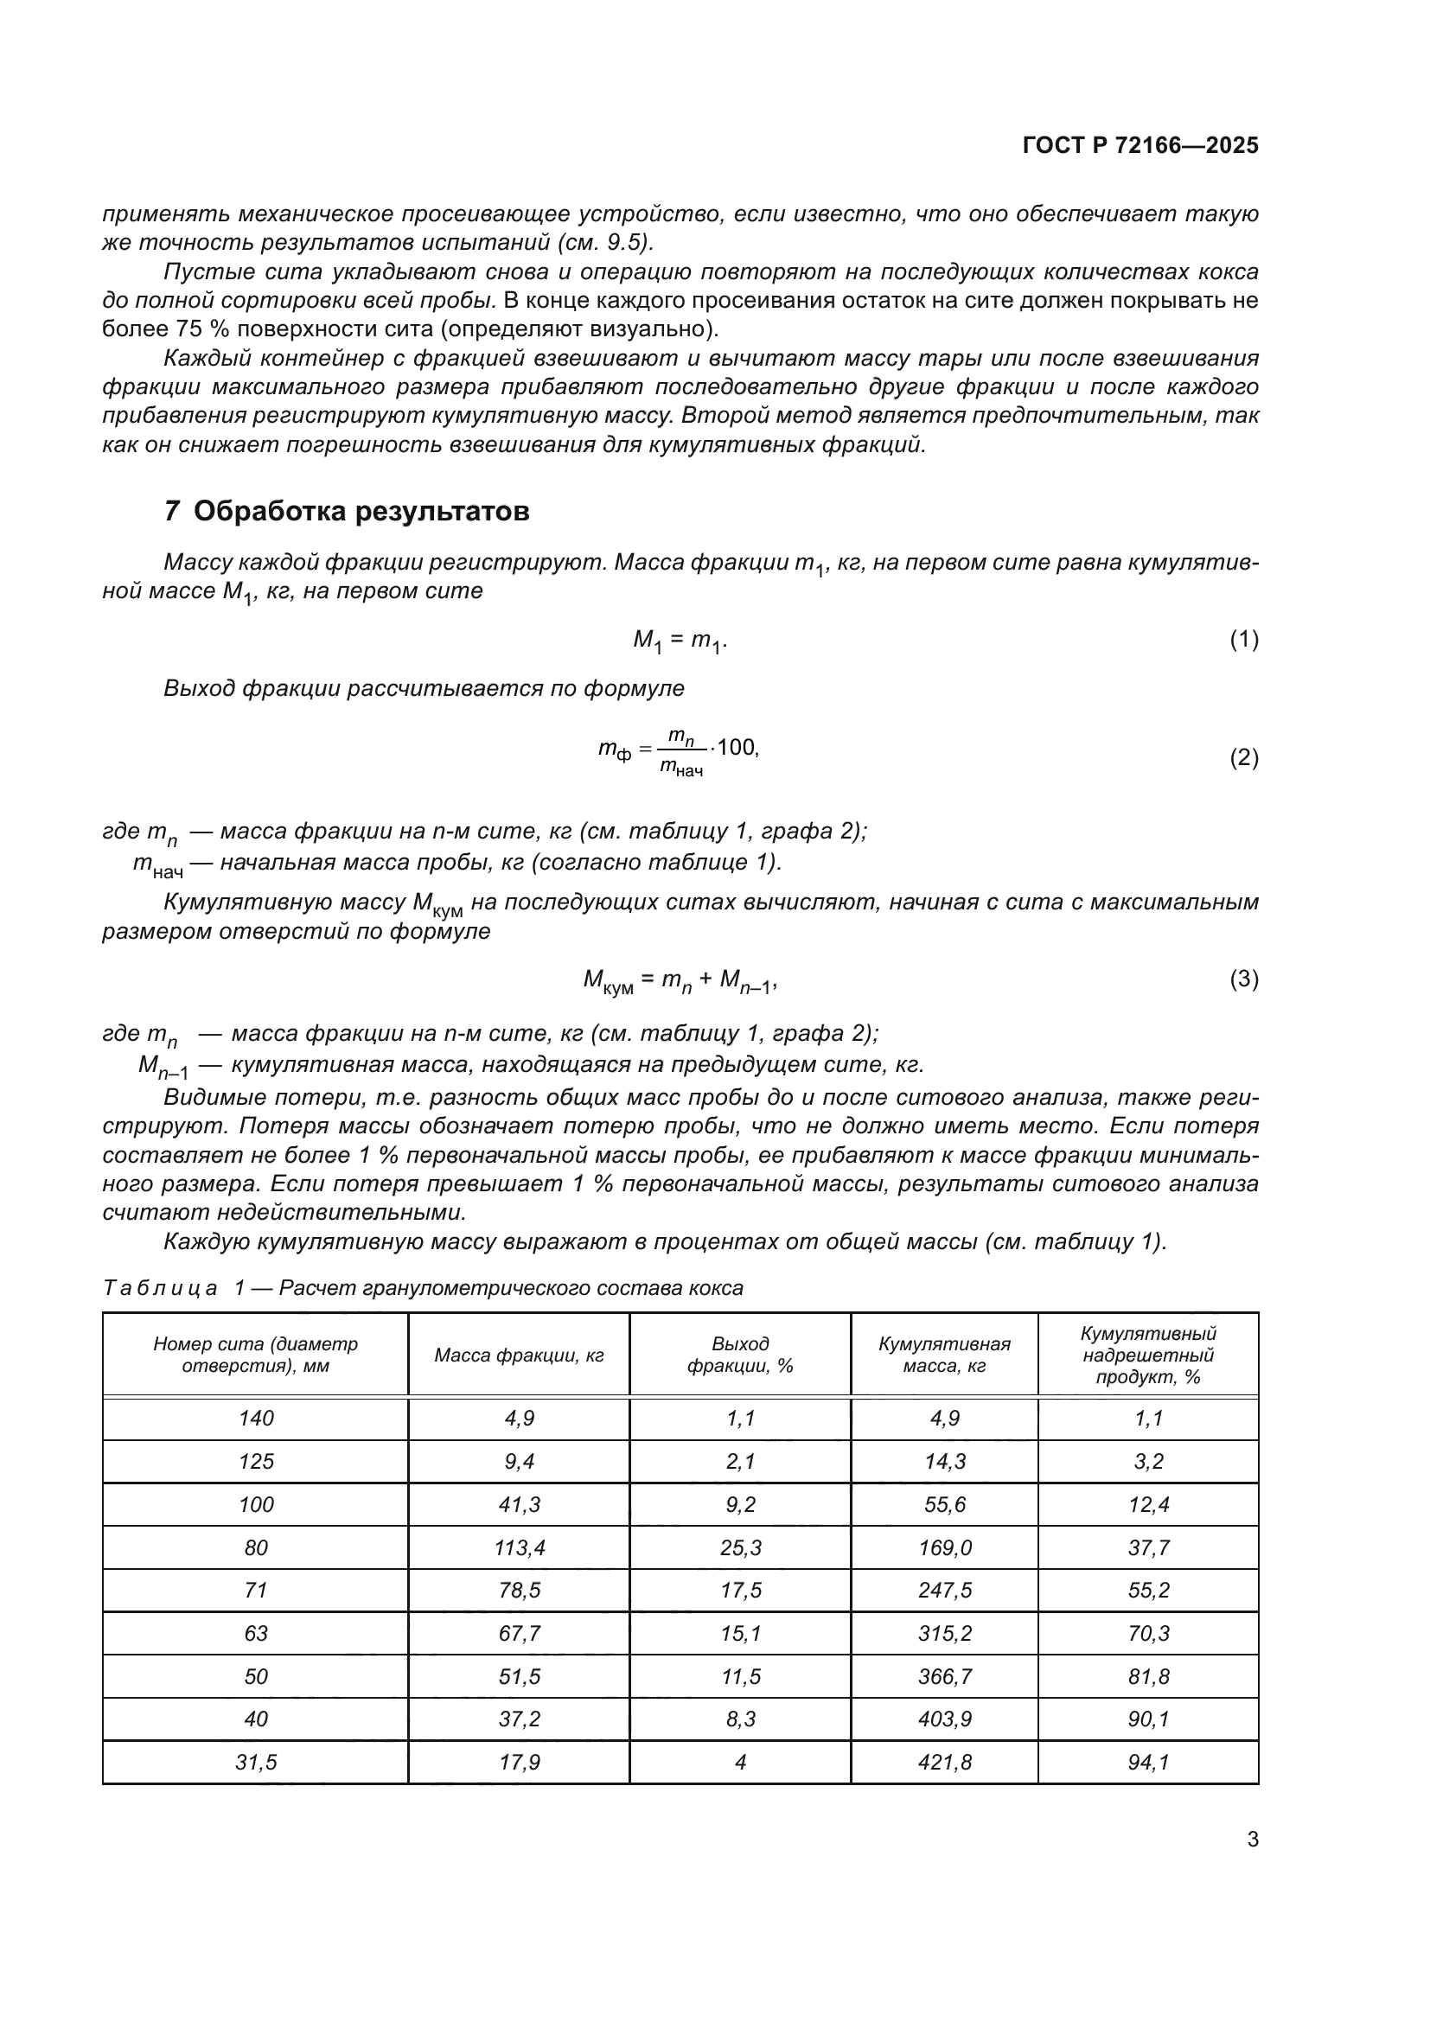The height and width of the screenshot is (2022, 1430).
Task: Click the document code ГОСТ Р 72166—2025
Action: (x=1140, y=145)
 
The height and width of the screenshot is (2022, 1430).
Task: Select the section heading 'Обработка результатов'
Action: (x=361, y=511)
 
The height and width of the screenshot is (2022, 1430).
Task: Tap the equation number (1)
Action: (x=1243, y=641)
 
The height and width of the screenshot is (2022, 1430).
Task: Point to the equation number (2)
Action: (x=1243, y=757)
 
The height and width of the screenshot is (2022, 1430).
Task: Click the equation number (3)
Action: (x=1243, y=979)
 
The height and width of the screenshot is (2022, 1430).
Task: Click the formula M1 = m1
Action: (x=680, y=641)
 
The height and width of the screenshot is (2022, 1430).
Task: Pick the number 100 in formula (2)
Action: (x=736, y=748)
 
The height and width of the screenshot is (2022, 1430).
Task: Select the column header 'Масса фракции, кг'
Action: (x=519, y=1355)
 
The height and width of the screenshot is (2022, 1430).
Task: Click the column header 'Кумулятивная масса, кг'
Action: (x=944, y=1355)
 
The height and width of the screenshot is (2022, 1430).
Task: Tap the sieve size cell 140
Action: (x=255, y=1418)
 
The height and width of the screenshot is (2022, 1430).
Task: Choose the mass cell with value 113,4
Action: (x=519, y=1547)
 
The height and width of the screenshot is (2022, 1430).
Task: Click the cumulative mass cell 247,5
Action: (x=944, y=1591)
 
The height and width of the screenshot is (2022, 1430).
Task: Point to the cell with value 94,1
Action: (x=1148, y=1762)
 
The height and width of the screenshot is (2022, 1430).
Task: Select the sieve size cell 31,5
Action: (x=255, y=1762)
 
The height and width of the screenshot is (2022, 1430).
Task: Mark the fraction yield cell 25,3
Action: (x=740, y=1547)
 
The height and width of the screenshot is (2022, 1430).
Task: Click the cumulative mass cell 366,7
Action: (x=944, y=1676)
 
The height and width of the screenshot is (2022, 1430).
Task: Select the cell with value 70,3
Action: (x=1148, y=1634)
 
